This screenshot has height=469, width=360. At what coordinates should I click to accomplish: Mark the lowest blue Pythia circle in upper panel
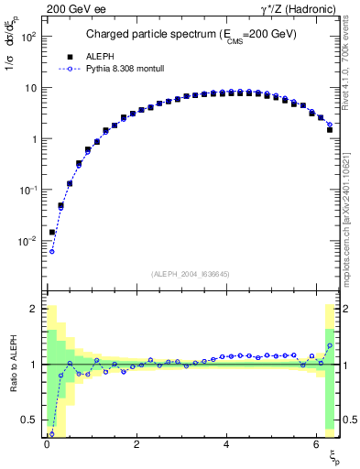coord(52,251)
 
